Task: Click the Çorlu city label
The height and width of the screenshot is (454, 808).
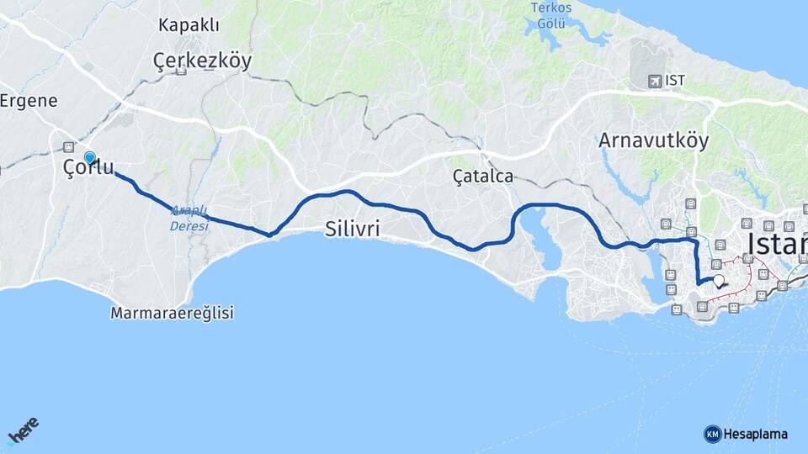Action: [88, 168]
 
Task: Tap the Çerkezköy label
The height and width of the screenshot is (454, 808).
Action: [202, 60]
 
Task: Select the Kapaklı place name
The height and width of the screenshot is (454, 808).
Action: [189, 25]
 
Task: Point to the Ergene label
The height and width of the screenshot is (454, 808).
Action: [29, 101]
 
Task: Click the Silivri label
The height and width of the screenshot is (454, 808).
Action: [353, 229]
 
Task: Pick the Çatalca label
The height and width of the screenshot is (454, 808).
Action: [482, 177]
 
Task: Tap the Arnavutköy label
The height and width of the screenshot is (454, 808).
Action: [653, 140]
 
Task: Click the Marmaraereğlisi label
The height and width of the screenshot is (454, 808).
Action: [172, 314]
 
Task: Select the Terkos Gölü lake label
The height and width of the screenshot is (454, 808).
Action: [551, 14]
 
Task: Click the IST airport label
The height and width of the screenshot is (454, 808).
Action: [674, 81]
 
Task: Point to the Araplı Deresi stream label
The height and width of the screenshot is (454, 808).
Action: [189, 219]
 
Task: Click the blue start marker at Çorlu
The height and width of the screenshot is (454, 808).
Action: [90, 157]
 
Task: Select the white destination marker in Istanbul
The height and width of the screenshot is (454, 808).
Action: [719, 282]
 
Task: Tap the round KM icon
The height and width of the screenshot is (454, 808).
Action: [712, 434]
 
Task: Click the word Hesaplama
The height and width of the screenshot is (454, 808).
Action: [755, 434]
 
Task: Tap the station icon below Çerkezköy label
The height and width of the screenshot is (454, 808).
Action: [181, 71]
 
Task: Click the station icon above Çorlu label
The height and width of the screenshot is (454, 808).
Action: [68, 147]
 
